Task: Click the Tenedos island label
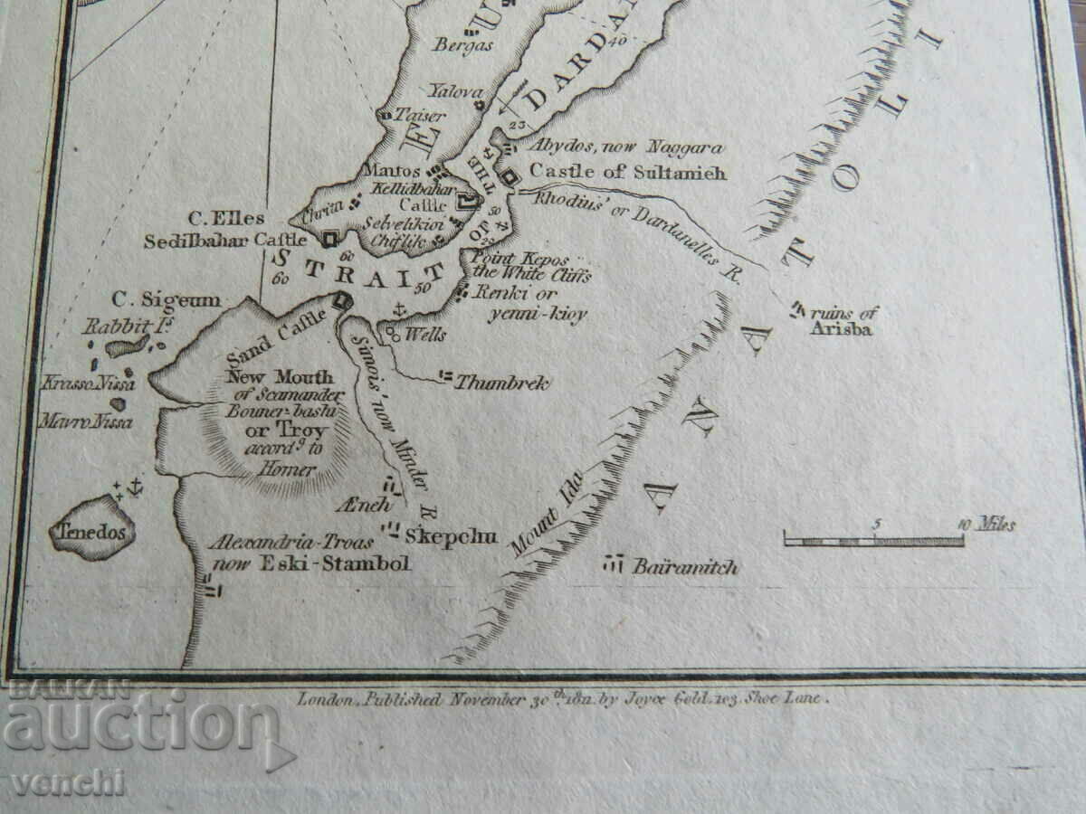92,532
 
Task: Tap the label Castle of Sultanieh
627,172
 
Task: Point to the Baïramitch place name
685,567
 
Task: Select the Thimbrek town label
500,383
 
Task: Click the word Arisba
841,329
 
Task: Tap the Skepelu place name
451,536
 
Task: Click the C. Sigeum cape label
166,299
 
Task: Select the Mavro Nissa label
86,421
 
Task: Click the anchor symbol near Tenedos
134,487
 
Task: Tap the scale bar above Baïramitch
873,541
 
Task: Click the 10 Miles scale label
986,525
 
